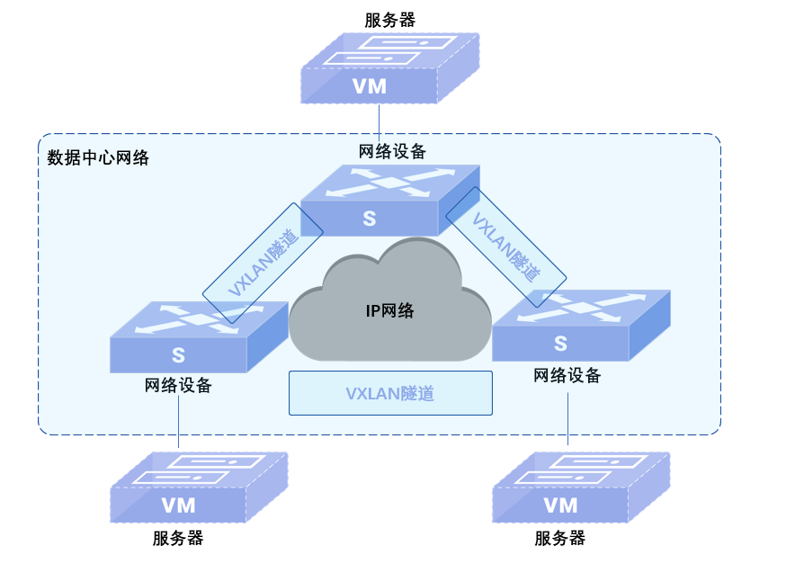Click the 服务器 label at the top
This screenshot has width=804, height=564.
[x=390, y=20]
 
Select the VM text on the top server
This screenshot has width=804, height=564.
[x=369, y=86]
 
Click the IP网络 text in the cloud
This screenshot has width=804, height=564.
[x=389, y=311]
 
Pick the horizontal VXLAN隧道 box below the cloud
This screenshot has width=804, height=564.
[x=390, y=393]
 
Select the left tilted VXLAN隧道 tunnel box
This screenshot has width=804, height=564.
[x=263, y=263]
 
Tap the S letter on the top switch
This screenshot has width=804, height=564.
[x=369, y=218]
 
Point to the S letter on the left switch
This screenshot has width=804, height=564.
[x=178, y=355]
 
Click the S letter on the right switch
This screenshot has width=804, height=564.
[x=560, y=344]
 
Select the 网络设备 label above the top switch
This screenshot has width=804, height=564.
[x=392, y=150]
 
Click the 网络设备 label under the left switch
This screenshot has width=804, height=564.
[x=178, y=386]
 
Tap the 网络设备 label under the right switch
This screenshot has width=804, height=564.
[x=567, y=376]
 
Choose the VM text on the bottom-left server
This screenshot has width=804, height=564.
[x=178, y=505]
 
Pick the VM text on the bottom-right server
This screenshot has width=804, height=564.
[x=560, y=505]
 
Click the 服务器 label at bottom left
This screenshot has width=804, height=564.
[x=178, y=539]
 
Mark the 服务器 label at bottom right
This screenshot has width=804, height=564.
[x=559, y=539]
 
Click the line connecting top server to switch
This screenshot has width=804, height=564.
[x=380, y=121]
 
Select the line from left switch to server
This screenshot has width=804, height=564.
[x=178, y=421]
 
